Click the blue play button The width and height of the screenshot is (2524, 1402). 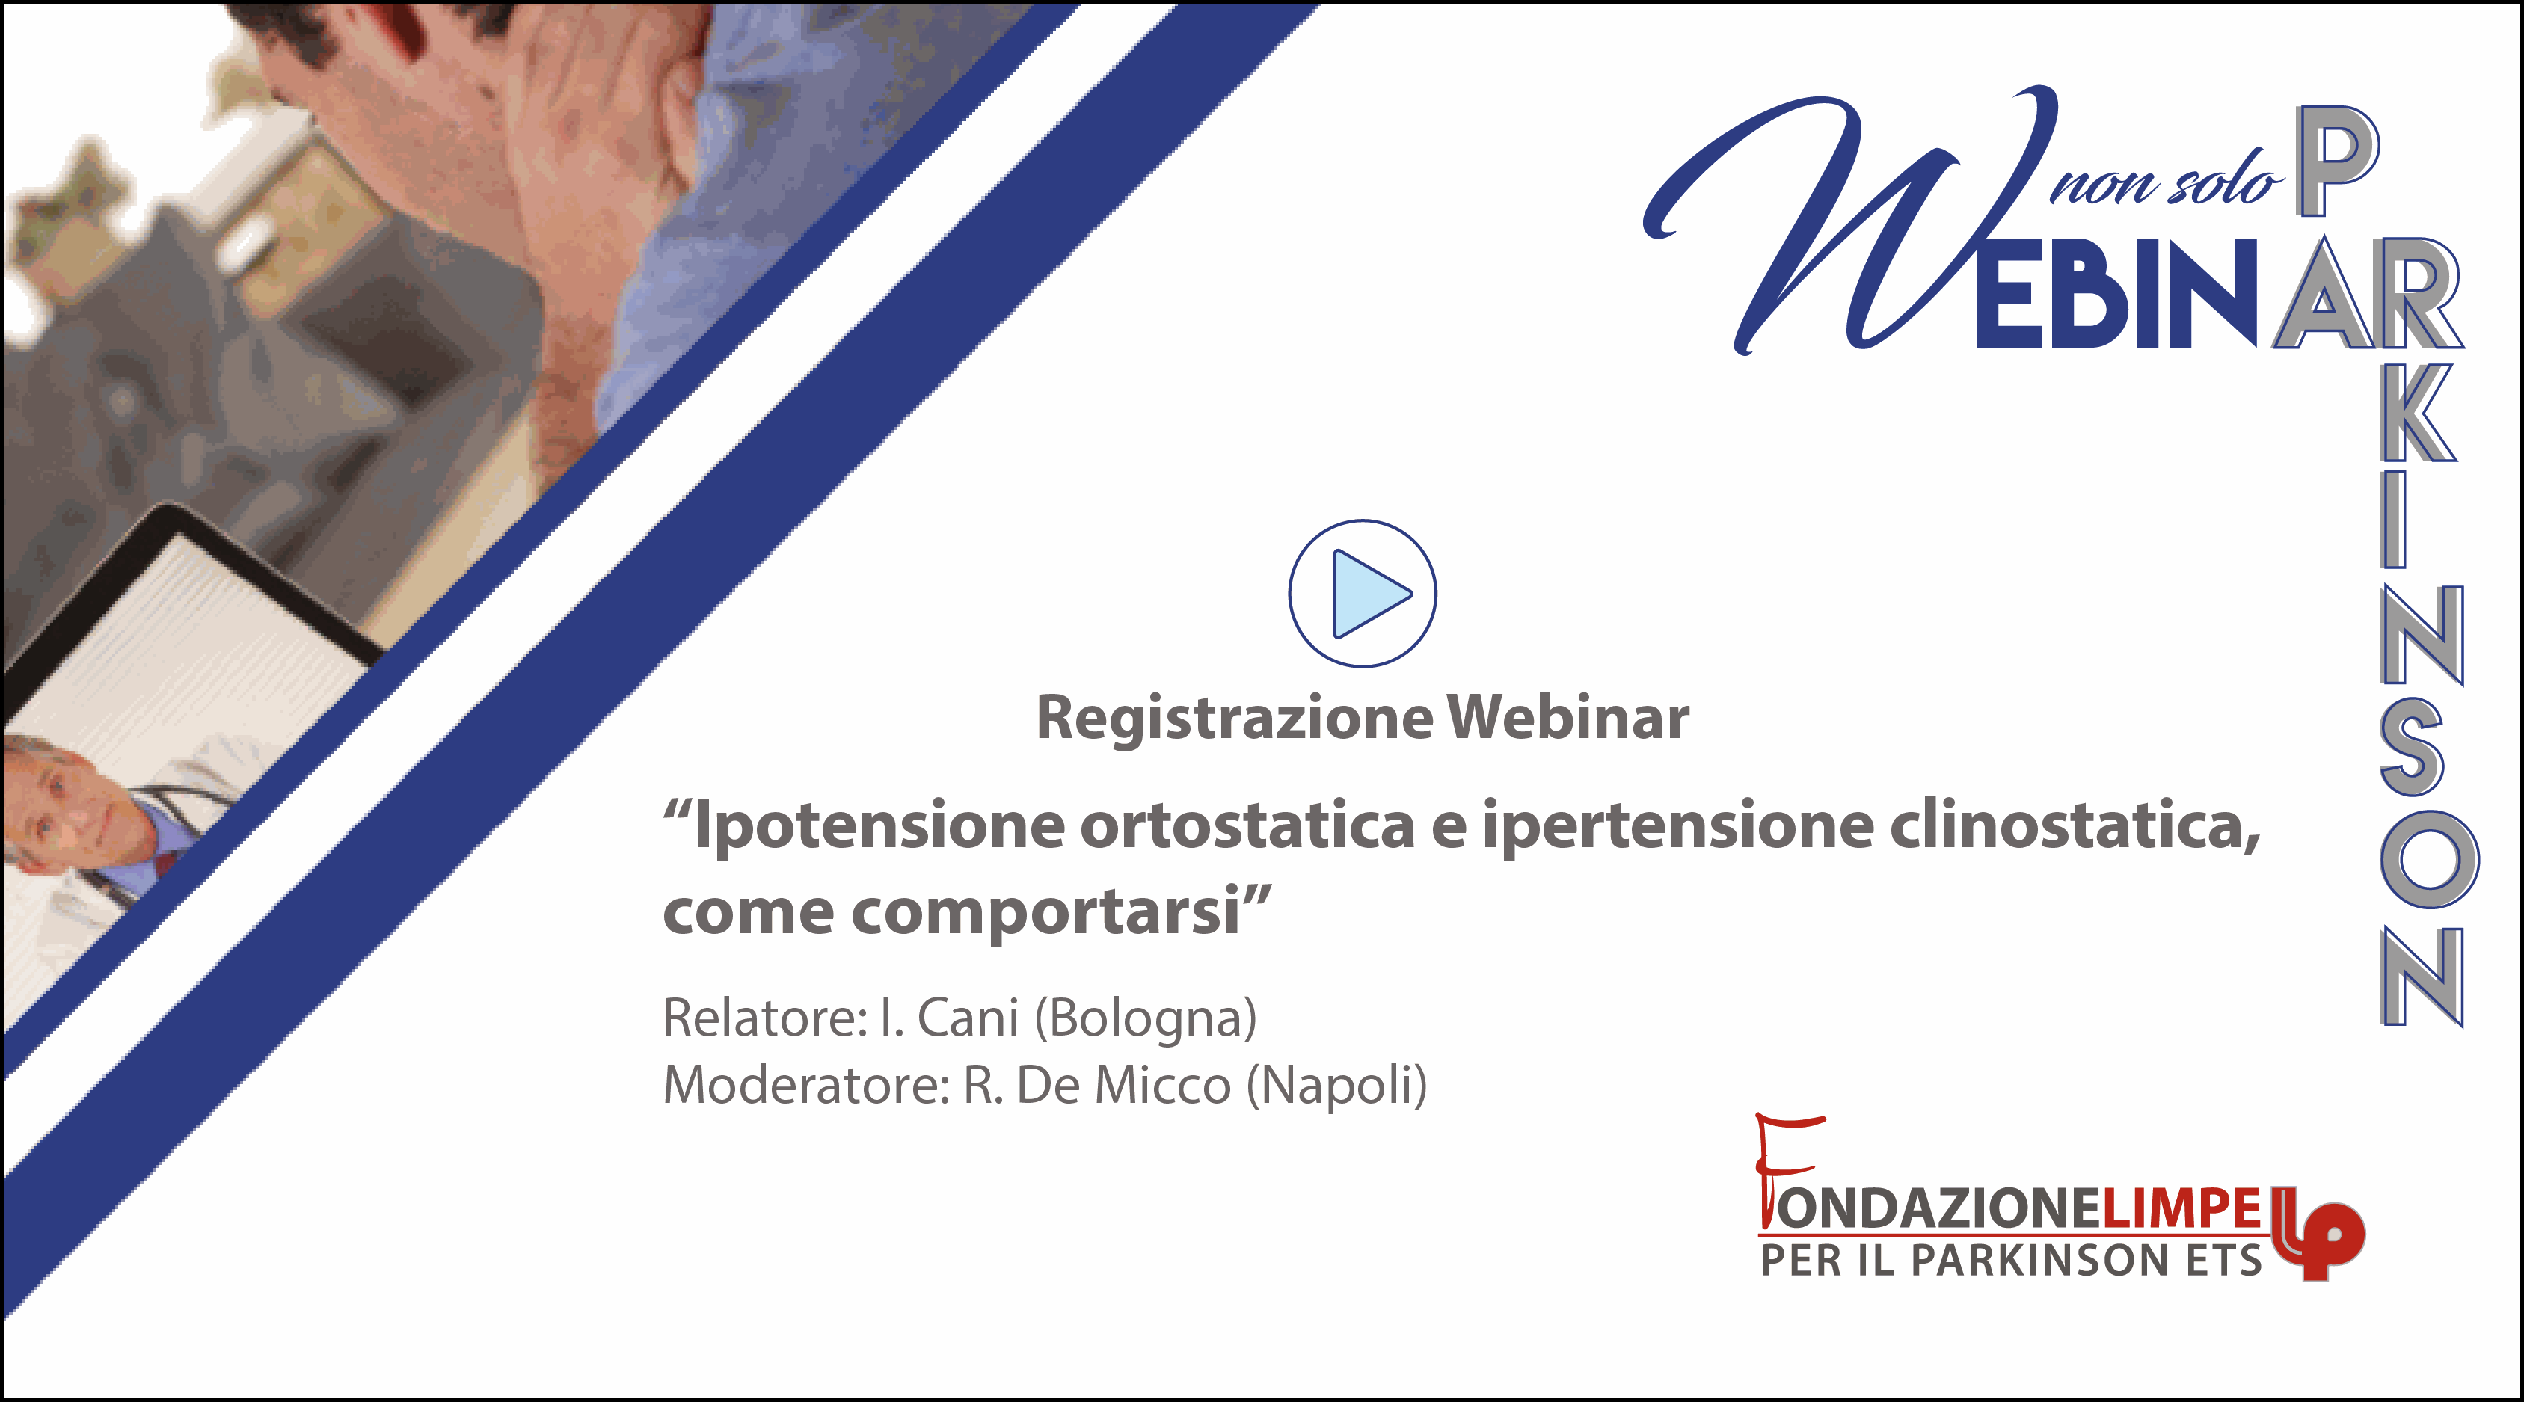[x=1362, y=594]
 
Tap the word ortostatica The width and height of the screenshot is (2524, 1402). [x=1247, y=825]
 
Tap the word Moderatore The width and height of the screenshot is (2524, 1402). [x=806, y=1086]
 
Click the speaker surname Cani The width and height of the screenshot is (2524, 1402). [x=968, y=1018]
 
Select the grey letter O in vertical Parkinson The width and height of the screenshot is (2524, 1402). [x=2429, y=860]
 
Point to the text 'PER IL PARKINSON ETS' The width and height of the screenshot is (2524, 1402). [x=2010, y=1260]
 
